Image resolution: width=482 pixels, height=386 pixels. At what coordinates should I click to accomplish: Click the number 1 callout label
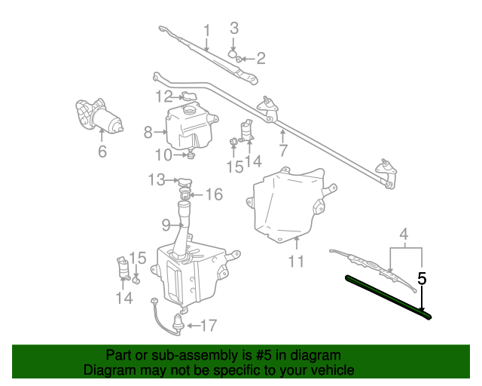(206, 30)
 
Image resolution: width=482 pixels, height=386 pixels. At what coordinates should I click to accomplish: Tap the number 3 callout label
(234, 28)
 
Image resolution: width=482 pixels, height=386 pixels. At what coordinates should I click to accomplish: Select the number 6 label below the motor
(102, 151)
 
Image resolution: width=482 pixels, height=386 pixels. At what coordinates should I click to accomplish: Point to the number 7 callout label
(283, 149)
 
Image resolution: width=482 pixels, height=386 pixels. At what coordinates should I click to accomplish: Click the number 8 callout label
(148, 133)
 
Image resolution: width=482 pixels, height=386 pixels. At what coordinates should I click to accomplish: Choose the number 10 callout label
(163, 155)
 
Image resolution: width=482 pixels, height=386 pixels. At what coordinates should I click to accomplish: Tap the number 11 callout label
(296, 262)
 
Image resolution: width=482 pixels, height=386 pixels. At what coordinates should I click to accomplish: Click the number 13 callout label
(156, 180)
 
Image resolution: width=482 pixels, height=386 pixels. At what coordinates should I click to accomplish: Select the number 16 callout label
(214, 195)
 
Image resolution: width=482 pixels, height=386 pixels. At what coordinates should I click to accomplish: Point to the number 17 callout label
(208, 326)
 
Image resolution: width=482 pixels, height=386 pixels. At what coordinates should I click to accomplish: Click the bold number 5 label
(422, 278)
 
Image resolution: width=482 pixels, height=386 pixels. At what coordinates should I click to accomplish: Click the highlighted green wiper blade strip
(388, 296)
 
